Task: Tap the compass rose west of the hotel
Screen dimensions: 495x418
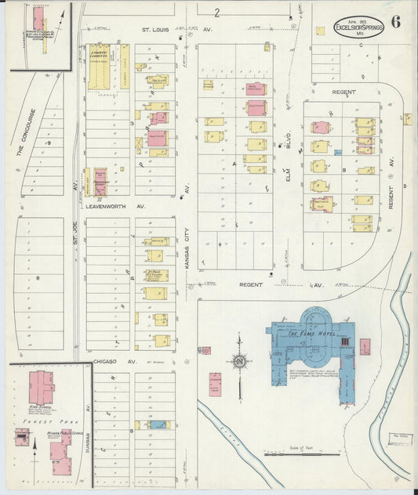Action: click(238, 363)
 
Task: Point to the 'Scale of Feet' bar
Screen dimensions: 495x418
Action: click(291, 452)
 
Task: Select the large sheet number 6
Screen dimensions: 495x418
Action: click(395, 21)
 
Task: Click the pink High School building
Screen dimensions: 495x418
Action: click(41, 387)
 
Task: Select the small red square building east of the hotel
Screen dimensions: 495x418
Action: click(365, 346)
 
